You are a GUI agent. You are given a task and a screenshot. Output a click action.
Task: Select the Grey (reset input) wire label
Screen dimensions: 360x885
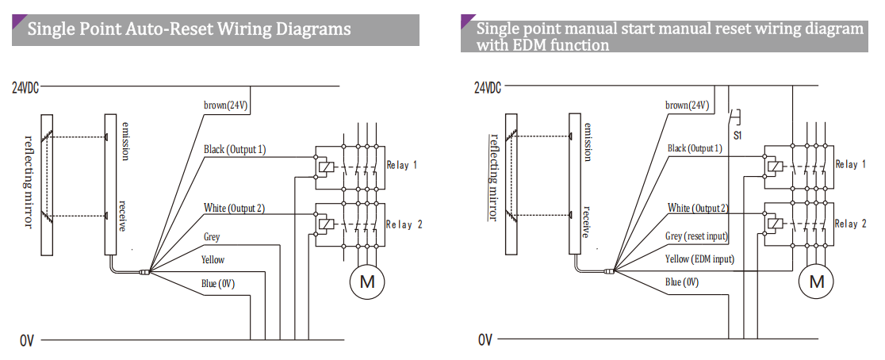696,236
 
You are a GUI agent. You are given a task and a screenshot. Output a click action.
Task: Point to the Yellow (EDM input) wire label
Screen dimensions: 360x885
699,259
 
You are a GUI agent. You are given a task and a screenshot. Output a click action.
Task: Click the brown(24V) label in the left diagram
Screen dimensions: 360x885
228,105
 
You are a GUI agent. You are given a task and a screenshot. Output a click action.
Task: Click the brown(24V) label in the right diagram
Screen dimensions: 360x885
688,105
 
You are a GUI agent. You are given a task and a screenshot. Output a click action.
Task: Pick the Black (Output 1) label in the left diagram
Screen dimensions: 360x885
235,149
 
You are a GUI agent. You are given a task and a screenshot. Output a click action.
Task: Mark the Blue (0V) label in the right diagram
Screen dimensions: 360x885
682,281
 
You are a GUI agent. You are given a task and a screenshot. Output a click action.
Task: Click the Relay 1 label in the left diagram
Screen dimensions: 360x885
402,165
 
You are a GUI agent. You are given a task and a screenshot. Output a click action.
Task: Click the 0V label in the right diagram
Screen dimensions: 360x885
485,340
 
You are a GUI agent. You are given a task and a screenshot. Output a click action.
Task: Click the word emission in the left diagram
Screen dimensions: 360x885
125,142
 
